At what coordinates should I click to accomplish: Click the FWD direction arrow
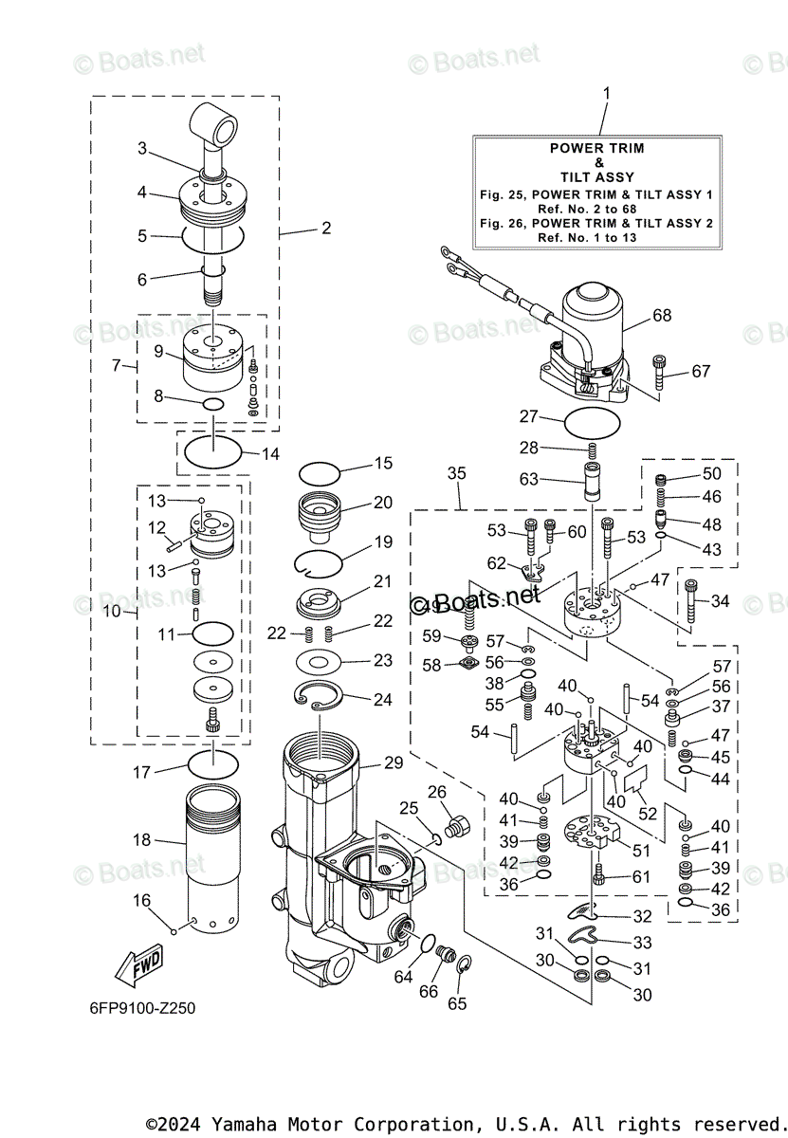(x=138, y=965)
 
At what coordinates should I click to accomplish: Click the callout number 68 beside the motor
(x=662, y=316)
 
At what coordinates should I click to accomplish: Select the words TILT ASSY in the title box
(x=597, y=177)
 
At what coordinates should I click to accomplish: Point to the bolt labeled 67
(x=658, y=373)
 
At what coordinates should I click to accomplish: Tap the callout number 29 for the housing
(x=394, y=762)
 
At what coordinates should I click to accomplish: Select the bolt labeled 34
(x=690, y=601)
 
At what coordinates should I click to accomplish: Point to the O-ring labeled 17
(x=212, y=764)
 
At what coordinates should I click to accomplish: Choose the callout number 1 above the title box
(x=606, y=94)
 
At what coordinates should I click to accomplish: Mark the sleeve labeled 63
(x=592, y=482)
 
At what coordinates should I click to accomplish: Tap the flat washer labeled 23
(x=319, y=663)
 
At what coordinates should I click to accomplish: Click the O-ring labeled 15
(x=320, y=473)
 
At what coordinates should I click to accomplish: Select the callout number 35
(x=456, y=473)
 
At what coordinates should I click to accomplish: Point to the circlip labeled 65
(x=465, y=964)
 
